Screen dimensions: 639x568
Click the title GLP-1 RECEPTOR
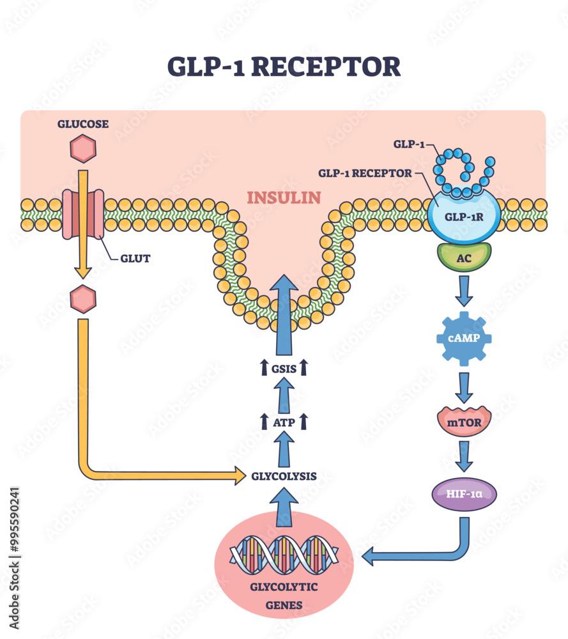[x=284, y=66]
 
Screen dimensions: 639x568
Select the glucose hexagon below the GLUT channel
[x=83, y=299]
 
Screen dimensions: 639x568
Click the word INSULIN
[x=284, y=197]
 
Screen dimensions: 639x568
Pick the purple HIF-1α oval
[x=464, y=494]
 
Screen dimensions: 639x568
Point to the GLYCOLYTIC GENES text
[x=284, y=594]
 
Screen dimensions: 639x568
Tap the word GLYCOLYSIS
[x=283, y=476]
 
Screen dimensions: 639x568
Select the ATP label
[x=283, y=421]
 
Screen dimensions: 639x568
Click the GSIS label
[x=283, y=367]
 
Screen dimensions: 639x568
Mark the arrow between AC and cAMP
[x=464, y=291]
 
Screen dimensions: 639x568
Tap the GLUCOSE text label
[x=82, y=124]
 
